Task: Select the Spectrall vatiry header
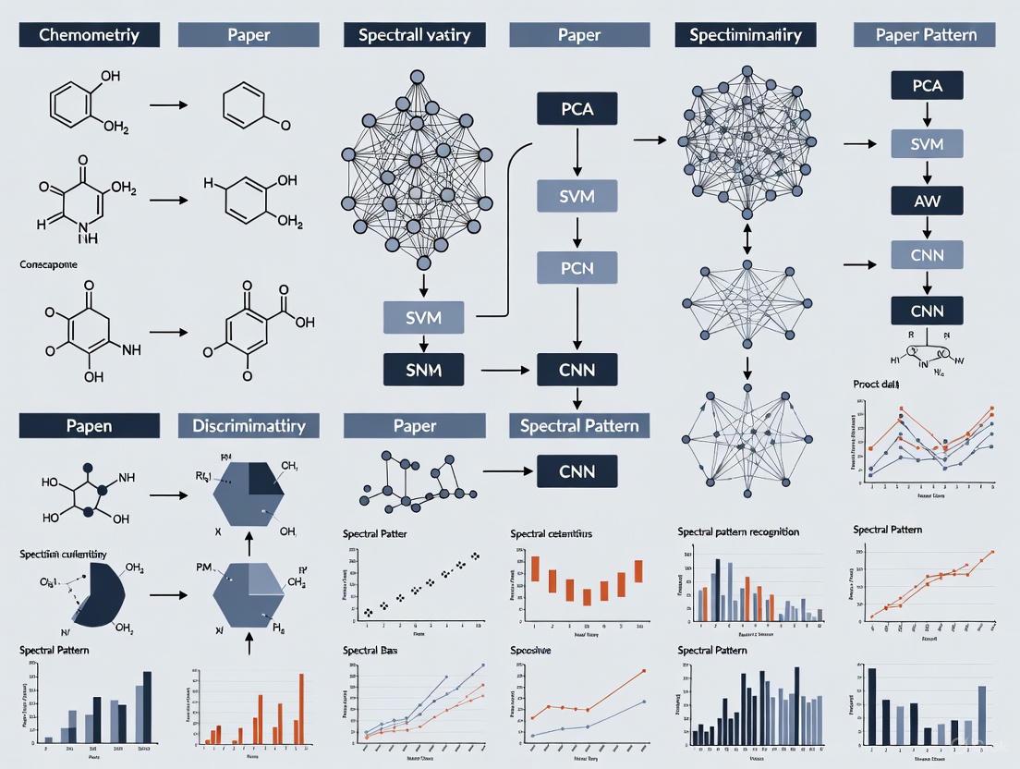click(407, 35)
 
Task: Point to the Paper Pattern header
click(924, 35)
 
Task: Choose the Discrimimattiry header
click(249, 425)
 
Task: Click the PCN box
click(577, 268)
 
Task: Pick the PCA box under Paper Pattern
click(927, 86)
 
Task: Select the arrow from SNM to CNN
click(499, 371)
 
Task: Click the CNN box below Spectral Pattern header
click(577, 471)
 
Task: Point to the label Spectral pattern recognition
click(738, 531)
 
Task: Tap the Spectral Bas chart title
click(375, 651)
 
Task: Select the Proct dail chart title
click(877, 383)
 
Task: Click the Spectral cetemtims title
click(551, 533)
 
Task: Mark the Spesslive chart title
click(531, 651)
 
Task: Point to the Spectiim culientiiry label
click(63, 554)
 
